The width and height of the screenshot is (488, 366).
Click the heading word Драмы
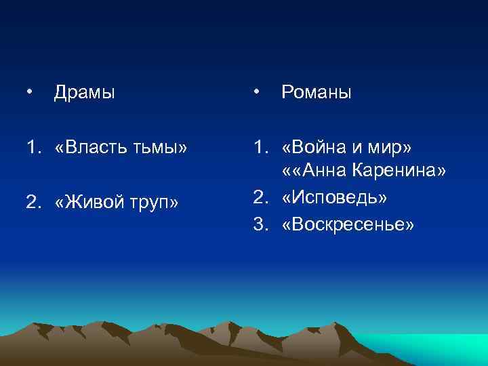85,92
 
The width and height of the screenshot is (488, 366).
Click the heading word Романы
316,92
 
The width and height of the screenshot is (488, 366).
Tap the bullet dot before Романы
257,92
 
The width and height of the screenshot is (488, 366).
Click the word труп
153,202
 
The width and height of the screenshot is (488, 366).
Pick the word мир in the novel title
392,147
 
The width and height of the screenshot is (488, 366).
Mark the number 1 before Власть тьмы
31,147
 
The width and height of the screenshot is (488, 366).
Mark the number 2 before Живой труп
31,202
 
